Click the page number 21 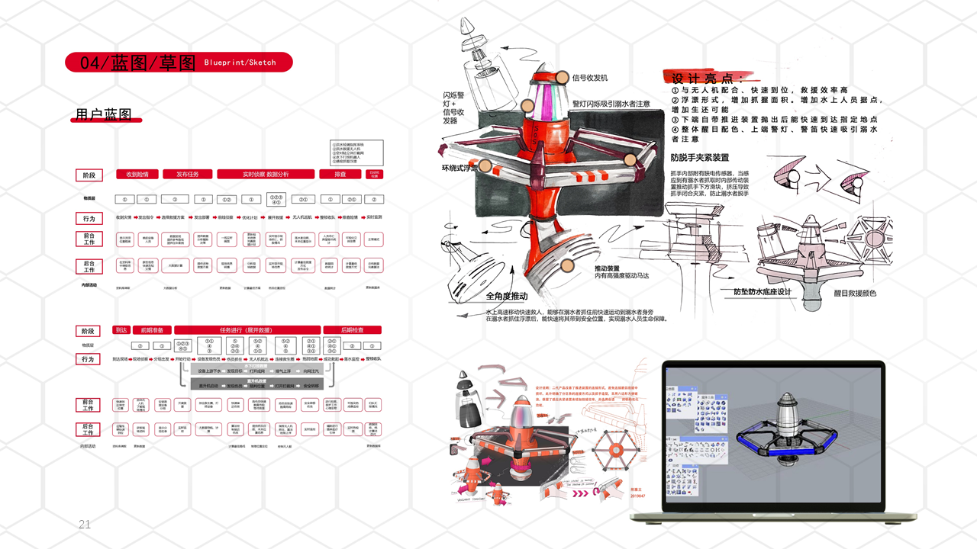coord(85,525)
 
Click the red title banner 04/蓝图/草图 coord(179,63)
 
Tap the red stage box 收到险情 coord(137,175)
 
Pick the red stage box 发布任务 coord(187,175)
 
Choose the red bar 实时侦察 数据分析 coord(266,175)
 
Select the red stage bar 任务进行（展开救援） coord(247,330)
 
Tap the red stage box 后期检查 coord(352,330)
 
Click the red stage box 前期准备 coord(152,330)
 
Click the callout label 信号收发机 coord(590,78)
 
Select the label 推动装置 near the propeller coord(612,268)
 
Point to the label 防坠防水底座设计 coord(762,292)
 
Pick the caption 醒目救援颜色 coord(854,294)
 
